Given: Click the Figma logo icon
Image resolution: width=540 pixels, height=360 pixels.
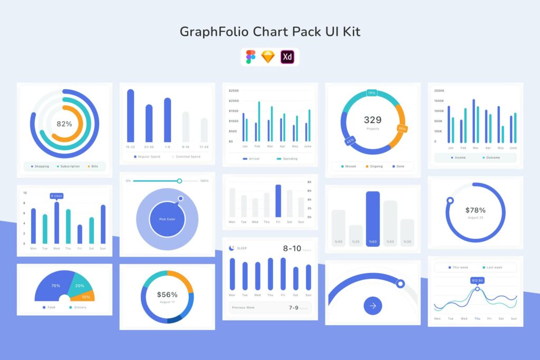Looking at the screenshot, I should coord(250,57).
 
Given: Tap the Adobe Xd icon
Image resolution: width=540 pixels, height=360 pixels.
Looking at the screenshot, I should coord(287,57).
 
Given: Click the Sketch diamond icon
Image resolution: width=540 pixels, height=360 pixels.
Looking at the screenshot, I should coord(268,57).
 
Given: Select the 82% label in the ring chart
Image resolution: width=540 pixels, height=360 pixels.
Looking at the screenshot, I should coord(64,124).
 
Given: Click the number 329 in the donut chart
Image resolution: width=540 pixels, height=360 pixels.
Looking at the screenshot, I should coord(372,120).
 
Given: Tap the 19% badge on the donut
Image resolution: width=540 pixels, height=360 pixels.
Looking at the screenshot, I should coord(372,93).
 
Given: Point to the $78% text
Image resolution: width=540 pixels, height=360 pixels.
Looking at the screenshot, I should coord(475,210).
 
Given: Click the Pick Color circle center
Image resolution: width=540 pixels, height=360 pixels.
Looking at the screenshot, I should coord(167,219).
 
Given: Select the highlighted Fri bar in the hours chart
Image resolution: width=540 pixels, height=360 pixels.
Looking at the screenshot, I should coord(278,201).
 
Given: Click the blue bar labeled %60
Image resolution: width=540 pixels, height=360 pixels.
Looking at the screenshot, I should coord(373,219).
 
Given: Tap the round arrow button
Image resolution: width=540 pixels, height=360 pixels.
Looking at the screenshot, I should coord(373,305).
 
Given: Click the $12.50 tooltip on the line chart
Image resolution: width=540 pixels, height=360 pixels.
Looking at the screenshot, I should coord(477,280).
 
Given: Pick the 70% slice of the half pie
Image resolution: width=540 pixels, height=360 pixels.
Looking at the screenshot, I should coord(55,286).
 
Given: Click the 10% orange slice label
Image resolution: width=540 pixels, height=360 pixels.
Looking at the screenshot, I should coord(85,297).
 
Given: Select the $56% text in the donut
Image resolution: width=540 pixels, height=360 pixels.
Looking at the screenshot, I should coord(167,295).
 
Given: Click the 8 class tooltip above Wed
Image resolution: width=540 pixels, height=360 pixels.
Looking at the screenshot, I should coord(56,196).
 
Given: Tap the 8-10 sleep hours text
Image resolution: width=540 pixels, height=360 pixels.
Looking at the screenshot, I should coord(292,249).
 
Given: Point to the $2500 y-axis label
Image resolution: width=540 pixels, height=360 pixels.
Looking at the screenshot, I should coord(234,91).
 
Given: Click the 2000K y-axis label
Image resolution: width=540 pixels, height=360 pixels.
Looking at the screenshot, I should coord(439,91).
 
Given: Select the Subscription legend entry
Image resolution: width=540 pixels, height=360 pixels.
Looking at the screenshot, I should coord(70,167).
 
